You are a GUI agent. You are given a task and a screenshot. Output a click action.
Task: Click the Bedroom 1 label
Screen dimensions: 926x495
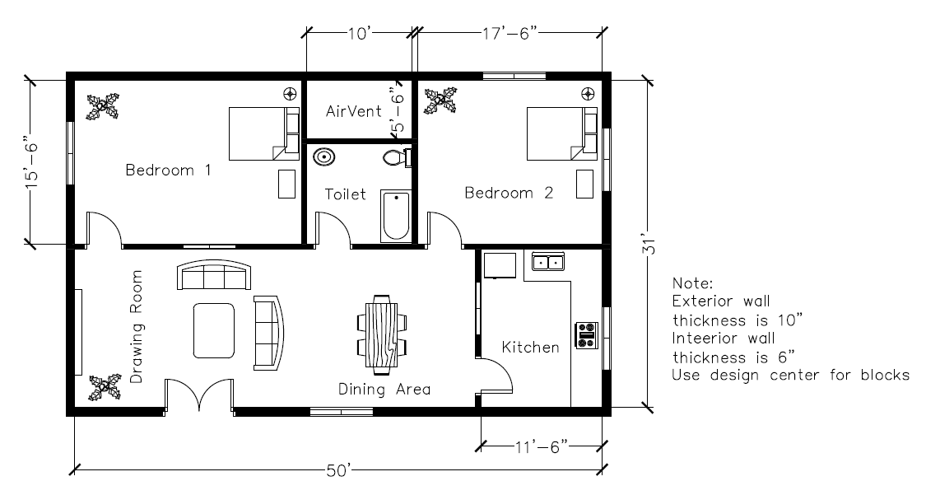[x=168, y=170]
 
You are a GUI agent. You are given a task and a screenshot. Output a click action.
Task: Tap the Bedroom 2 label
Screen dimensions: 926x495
[x=509, y=193]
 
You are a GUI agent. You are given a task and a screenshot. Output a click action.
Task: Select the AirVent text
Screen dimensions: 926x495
[x=354, y=111]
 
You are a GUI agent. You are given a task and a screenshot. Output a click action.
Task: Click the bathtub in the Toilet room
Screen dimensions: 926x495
[x=396, y=216]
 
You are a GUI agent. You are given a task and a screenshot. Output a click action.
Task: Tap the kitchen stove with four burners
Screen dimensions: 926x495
[x=587, y=335]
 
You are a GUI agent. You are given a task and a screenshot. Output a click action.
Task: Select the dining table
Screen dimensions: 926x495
[x=382, y=334]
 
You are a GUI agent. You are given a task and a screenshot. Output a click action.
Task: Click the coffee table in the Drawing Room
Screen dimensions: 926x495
[x=214, y=331]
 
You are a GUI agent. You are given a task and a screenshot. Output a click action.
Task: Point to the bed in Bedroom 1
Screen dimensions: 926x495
[x=264, y=133]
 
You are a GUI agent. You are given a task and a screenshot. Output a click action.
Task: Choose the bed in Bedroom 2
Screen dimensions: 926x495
[x=562, y=133]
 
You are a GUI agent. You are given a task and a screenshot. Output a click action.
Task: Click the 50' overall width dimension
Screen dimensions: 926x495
[x=340, y=471]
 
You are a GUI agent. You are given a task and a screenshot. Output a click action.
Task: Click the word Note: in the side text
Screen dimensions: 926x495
[x=693, y=283]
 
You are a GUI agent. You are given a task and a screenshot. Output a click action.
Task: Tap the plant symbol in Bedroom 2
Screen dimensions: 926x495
[x=441, y=100]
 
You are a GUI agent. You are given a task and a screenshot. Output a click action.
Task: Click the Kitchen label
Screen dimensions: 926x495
[x=530, y=348]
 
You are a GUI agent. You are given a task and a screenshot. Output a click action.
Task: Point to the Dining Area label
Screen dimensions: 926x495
[x=384, y=390]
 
